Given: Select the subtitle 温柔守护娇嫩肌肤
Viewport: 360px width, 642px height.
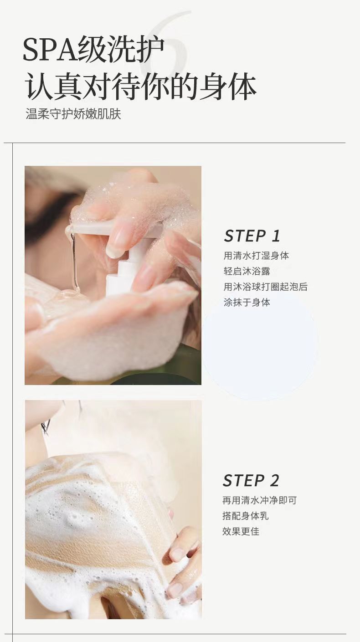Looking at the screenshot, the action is pyautogui.click(x=73, y=114).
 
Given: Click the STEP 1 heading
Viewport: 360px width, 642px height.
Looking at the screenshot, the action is pyautogui.click(x=252, y=236).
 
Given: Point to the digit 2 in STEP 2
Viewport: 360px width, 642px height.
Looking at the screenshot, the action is pyautogui.click(x=274, y=480).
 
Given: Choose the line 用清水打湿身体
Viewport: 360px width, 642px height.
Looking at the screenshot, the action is pyautogui.click(x=256, y=255).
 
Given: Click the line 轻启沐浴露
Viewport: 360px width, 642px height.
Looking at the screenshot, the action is pyautogui.click(x=247, y=271).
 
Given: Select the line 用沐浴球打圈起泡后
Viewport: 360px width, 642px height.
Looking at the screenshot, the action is pyautogui.click(x=265, y=287).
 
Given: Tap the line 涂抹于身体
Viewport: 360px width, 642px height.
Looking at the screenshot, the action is pyautogui.click(x=247, y=302).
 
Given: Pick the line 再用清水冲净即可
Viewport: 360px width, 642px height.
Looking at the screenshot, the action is pyautogui.click(x=259, y=500).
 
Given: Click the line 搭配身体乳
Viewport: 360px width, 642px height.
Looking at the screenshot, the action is pyautogui.click(x=245, y=516).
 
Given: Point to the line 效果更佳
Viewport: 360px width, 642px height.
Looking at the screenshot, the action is pyautogui.click(x=241, y=531).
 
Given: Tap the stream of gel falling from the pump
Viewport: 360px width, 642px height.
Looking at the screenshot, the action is pyautogui.click(x=74, y=261).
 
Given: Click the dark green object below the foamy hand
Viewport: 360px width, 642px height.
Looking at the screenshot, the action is pyautogui.click(x=160, y=370).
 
